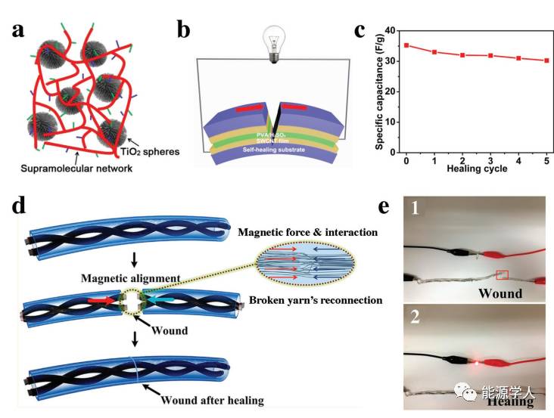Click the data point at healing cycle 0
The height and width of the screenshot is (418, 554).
click(x=406, y=45)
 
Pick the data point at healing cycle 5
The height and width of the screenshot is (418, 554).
click(x=546, y=60)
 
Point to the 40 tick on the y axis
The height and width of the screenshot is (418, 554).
click(x=391, y=29)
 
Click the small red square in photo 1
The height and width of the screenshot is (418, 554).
click(x=501, y=273)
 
